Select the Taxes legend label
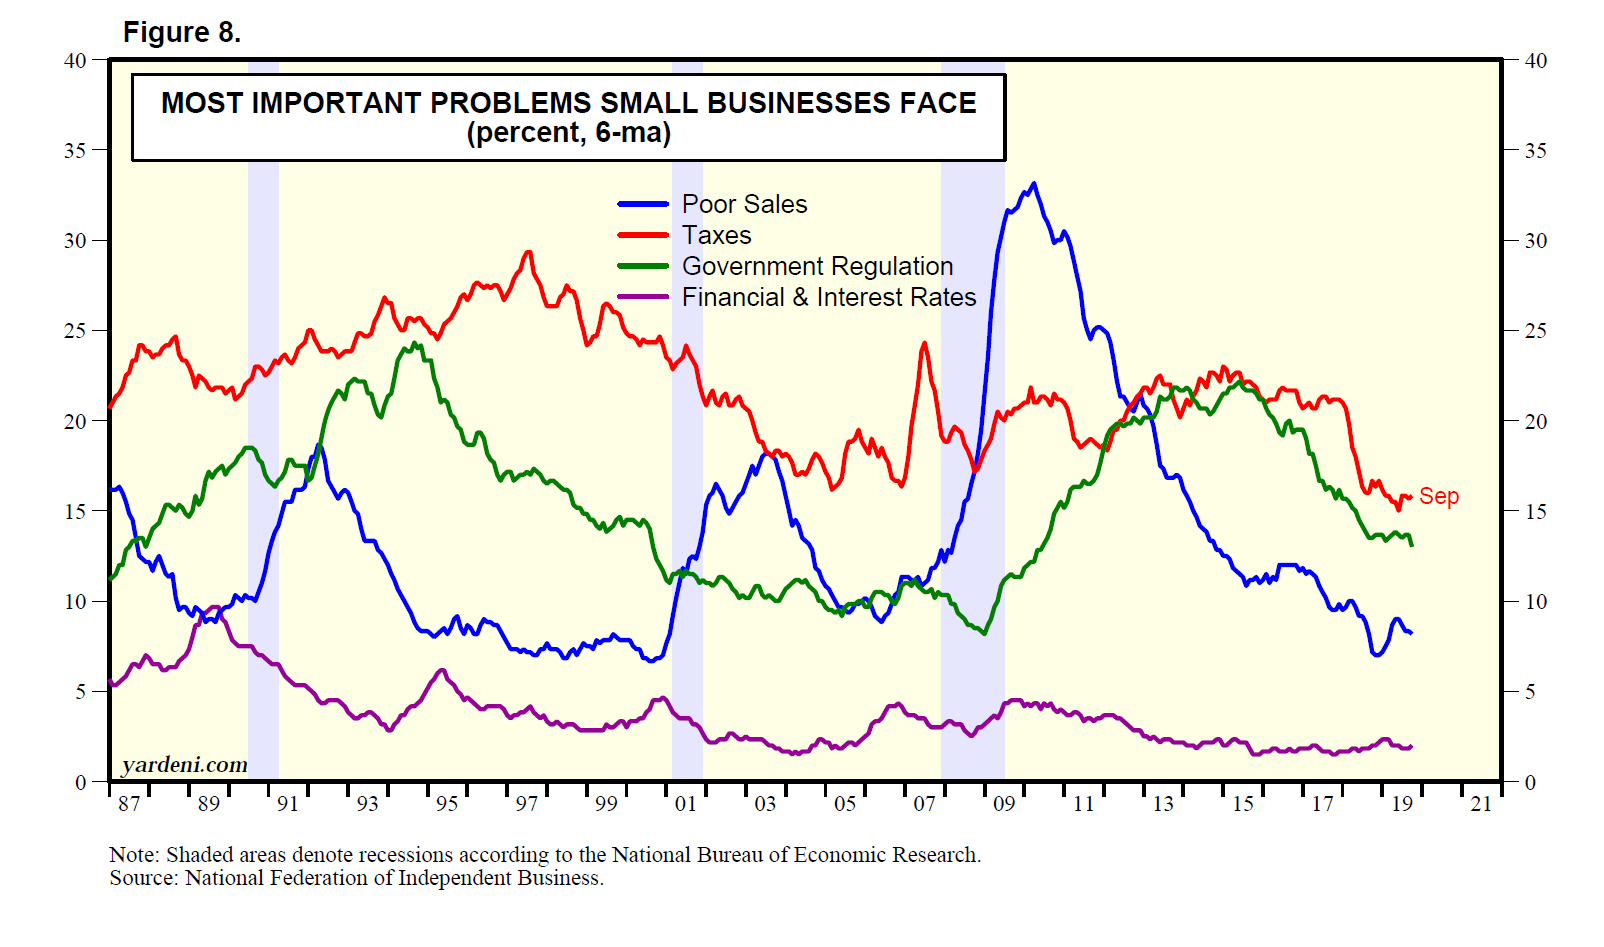(716, 235)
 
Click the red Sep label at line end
(1438, 496)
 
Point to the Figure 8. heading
(181, 33)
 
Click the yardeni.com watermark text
(184, 765)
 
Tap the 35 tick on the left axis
(75, 151)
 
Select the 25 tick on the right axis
(1535, 331)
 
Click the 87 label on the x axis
(129, 804)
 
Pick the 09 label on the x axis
(1004, 804)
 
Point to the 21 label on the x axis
(1481, 804)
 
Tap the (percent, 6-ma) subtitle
(568, 133)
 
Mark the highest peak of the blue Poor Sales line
(1033, 184)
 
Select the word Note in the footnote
(132, 855)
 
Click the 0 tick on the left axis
(82, 782)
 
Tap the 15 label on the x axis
(1243, 804)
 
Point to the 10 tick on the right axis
(1535, 602)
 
